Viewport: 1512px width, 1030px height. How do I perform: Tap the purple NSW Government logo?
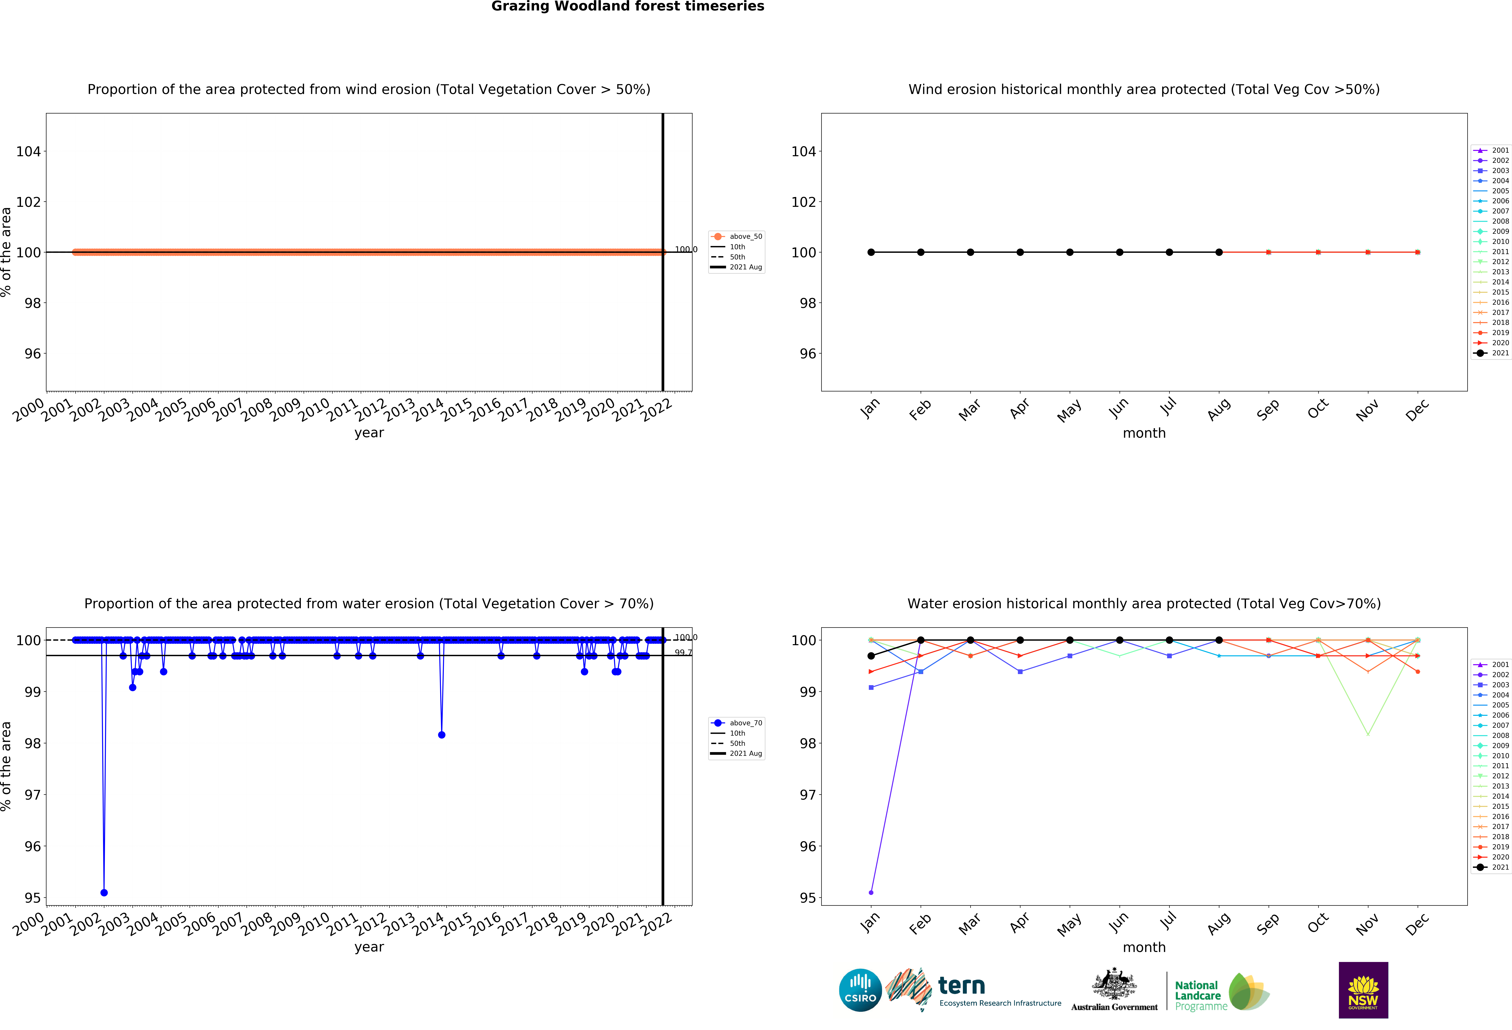click(1363, 990)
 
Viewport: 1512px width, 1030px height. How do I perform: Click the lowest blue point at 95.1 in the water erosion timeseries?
click(104, 893)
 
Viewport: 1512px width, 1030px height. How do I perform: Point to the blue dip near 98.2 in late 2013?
click(442, 735)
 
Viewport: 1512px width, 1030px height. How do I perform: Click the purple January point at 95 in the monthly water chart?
click(871, 893)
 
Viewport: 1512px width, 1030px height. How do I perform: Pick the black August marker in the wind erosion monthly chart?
click(1219, 252)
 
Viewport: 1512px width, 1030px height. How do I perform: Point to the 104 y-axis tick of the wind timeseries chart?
click(29, 152)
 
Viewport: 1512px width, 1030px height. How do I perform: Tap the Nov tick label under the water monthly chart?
click(1367, 924)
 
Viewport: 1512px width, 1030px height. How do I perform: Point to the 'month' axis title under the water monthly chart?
click(1144, 947)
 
